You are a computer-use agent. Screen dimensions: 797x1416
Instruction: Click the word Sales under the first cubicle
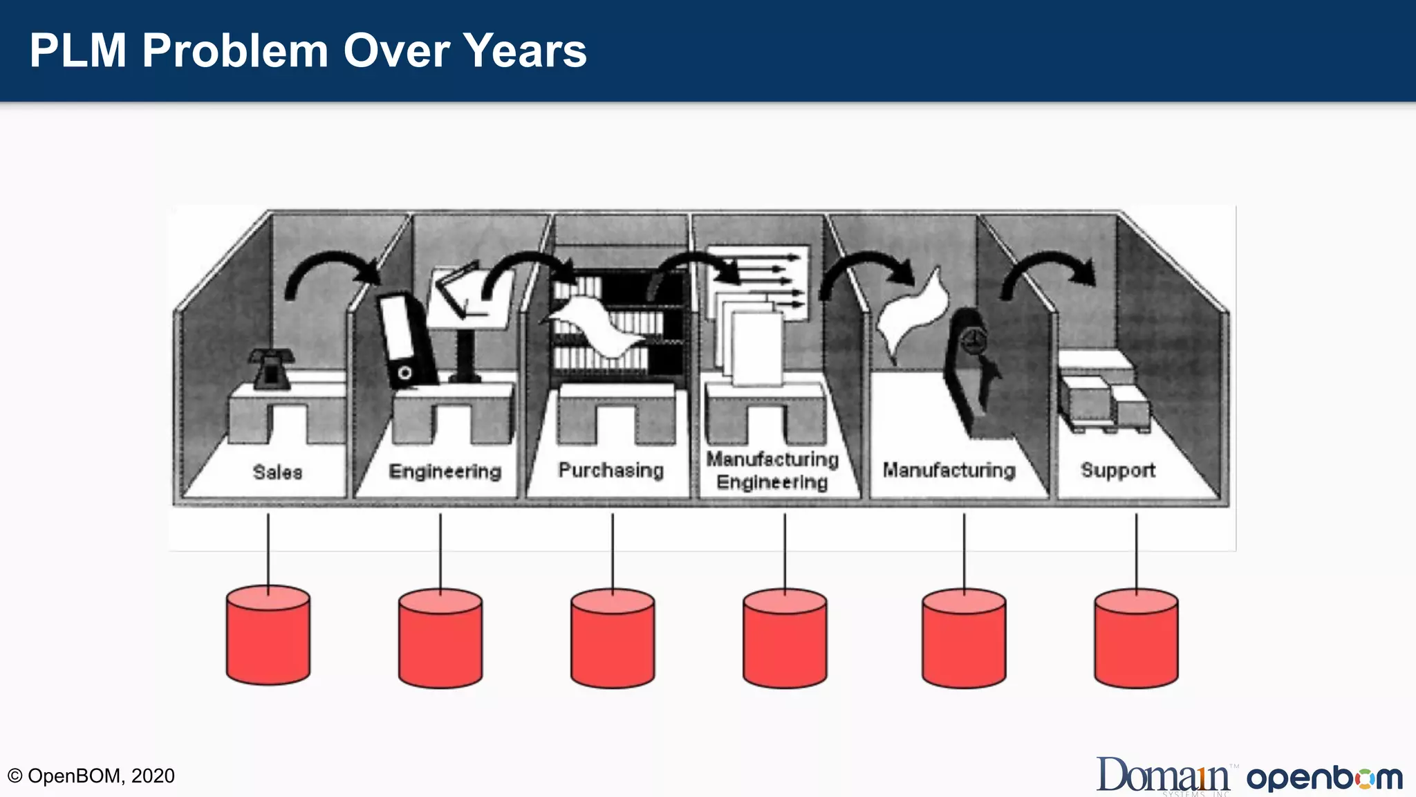[x=277, y=472]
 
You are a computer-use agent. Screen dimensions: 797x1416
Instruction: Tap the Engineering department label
[x=445, y=471]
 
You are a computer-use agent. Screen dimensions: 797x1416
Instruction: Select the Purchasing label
[x=611, y=470]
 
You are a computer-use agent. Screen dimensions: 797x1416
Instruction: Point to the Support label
[x=1117, y=470]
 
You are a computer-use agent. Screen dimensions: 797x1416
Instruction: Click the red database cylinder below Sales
[x=268, y=636]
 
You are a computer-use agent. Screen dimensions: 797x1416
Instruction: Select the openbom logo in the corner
[x=1324, y=778]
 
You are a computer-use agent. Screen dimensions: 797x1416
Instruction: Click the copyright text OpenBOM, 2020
[x=91, y=776]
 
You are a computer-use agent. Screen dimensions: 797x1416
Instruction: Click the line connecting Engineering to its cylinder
[x=440, y=550]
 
